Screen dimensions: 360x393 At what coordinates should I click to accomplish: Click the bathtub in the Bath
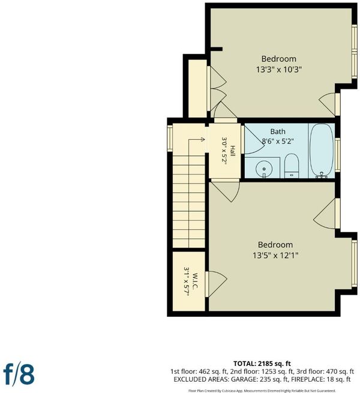click(x=322, y=151)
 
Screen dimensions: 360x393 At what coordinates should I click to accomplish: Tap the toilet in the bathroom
click(x=292, y=166)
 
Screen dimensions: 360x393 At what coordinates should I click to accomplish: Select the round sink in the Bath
click(x=264, y=168)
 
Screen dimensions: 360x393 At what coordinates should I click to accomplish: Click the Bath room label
click(x=278, y=131)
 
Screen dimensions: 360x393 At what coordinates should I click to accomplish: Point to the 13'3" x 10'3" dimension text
click(x=278, y=69)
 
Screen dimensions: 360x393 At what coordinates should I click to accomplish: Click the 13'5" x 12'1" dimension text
click(x=275, y=256)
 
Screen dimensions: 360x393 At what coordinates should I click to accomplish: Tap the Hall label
click(x=233, y=151)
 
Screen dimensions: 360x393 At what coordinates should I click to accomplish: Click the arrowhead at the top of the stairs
click(x=203, y=139)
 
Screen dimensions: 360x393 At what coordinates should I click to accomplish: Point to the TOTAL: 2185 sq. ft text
click(x=262, y=364)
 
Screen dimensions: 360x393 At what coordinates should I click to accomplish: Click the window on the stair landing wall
click(x=170, y=138)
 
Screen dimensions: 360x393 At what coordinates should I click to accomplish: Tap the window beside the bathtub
click(x=338, y=155)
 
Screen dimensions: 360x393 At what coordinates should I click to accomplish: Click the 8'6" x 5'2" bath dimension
click(x=278, y=142)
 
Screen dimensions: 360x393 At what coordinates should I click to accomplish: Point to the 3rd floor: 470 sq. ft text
click(x=325, y=371)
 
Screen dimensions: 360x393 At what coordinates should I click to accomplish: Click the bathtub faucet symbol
click(x=322, y=175)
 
